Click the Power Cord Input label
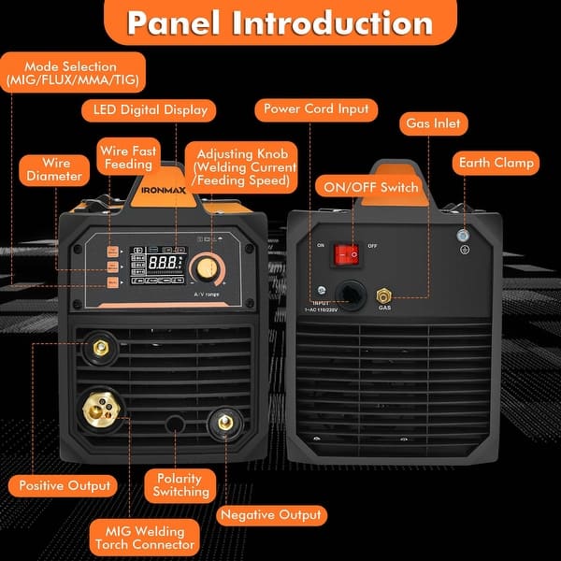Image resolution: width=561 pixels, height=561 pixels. point(317,108)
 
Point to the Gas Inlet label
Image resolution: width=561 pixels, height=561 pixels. point(432,123)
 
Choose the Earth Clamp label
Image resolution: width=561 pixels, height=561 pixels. point(496,163)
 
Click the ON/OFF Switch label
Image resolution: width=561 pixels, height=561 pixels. point(371,187)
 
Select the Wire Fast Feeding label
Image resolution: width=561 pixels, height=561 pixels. point(127,156)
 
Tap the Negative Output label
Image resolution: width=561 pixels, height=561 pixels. point(271,514)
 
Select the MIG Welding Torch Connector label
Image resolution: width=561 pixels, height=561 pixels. point(145,537)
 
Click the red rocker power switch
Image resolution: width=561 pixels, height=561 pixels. point(349,252)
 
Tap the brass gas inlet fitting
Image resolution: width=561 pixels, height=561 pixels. point(384,296)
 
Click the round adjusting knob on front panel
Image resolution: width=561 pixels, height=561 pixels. point(203,269)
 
